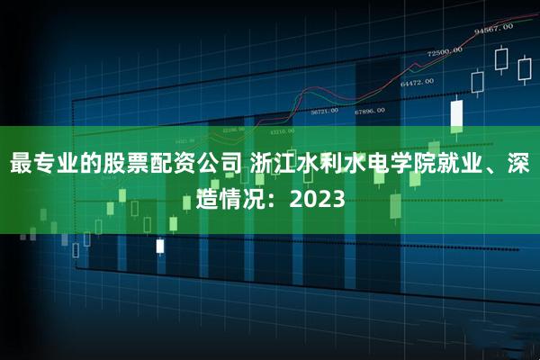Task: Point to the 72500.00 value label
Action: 445,51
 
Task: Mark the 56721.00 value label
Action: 324,112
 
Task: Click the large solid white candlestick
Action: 456,113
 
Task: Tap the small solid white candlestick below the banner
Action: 160,245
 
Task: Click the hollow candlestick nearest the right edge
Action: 524,71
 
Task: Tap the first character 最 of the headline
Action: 22,166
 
